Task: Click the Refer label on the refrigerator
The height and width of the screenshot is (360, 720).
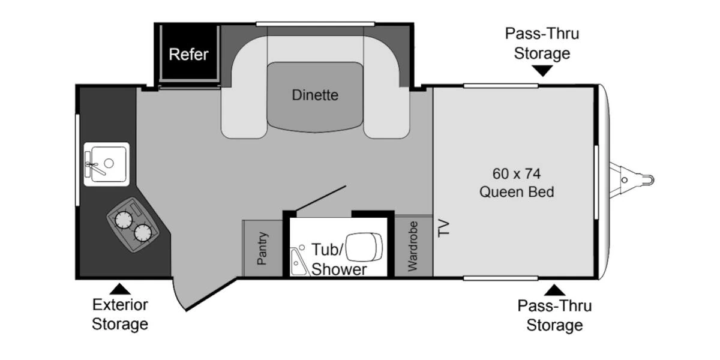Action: [188, 55]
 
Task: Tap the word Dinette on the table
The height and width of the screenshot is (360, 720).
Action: [315, 95]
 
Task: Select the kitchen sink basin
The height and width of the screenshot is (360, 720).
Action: [109, 164]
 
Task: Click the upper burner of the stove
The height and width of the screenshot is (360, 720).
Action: [124, 220]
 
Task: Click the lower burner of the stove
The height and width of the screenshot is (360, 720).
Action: [143, 233]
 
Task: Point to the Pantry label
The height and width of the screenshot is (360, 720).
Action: [262, 248]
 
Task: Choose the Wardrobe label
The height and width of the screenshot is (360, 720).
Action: [413, 247]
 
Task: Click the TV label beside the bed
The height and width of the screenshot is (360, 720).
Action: [443, 228]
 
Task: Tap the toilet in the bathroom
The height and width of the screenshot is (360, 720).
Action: [364, 247]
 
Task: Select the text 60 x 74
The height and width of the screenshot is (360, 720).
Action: [517, 174]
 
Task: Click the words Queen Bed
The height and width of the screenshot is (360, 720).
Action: [517, 192]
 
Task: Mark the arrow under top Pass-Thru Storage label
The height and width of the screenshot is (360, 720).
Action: [542, 71]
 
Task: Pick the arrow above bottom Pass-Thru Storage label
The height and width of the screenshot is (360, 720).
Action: [554, 290]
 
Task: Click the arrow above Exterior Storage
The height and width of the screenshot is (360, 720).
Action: [120, 289]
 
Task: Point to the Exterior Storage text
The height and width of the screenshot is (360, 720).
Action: [120, 314]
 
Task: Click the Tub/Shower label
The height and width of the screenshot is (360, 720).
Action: [339, 259]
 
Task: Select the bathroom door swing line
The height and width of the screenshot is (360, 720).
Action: [321, 199]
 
